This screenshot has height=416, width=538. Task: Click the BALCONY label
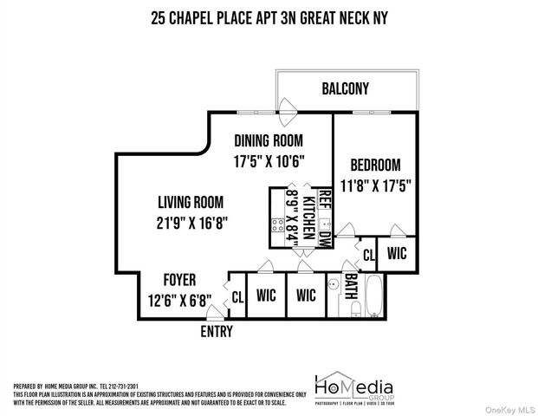(345, 88)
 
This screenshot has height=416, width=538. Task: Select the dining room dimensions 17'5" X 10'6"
(269, 161)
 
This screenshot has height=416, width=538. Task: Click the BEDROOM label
(375, 165)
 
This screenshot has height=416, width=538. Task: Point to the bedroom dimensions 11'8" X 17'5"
(375, 185)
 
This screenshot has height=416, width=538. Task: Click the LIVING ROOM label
(192, 202)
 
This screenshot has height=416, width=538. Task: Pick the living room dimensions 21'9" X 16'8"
(192, 223)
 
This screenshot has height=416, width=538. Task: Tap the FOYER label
(179, 280)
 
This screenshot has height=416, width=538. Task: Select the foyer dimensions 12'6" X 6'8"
(179, 301)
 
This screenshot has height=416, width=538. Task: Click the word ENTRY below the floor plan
(217, 331)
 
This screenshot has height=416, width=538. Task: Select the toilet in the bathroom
(354, 310)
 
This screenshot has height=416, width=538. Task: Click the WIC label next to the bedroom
(397, 255)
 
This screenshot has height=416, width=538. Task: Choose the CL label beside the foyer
(237, 296)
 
